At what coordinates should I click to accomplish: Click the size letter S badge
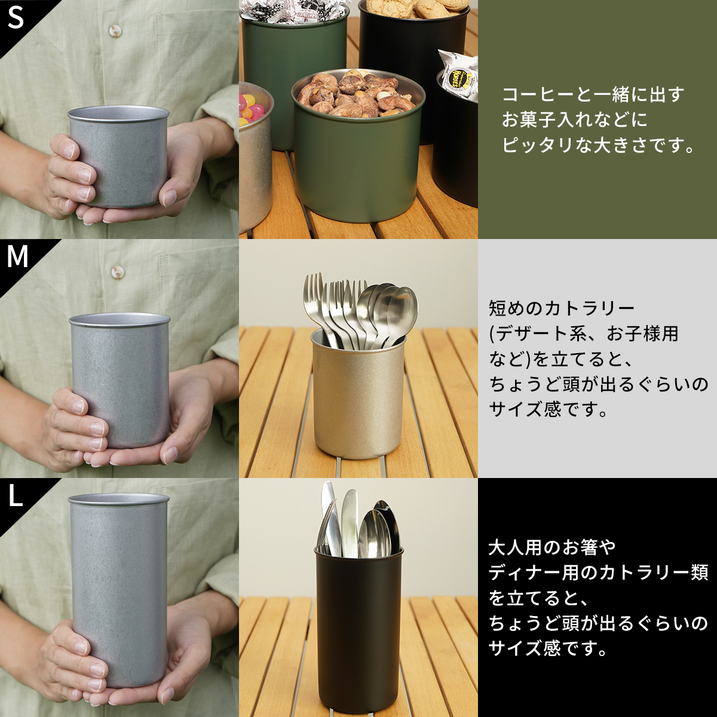16,18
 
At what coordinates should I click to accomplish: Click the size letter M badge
17,257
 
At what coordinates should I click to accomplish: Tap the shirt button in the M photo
118,269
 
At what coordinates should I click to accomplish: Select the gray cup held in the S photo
119,157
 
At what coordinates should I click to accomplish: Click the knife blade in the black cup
350,521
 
